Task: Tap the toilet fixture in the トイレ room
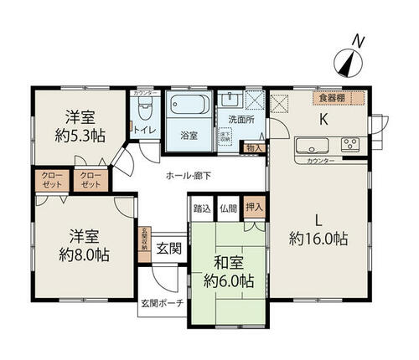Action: pyautogui.click(x=145, y=109)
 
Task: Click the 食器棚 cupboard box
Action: pyautogui.click(x=341, y=98)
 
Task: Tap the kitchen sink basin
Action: pyautogui.click(x=305, y=145)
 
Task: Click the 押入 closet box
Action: pyautogui.click(x=254, y=207)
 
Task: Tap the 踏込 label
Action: pyautogui.click(x=201, y=207)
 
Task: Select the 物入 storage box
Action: pyautogui.click(x=254, y=149)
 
